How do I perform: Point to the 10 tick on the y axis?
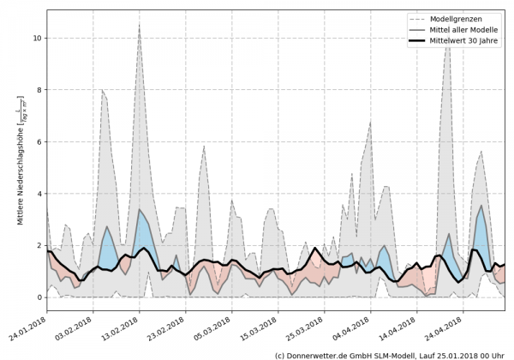click(x=37, y=39)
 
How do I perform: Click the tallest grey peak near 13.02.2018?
click(x=140, y=25)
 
